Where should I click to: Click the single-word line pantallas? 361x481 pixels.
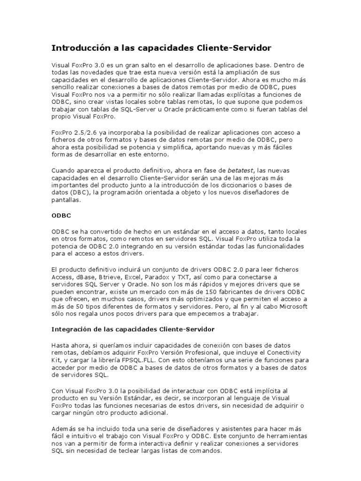coord(66,200)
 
